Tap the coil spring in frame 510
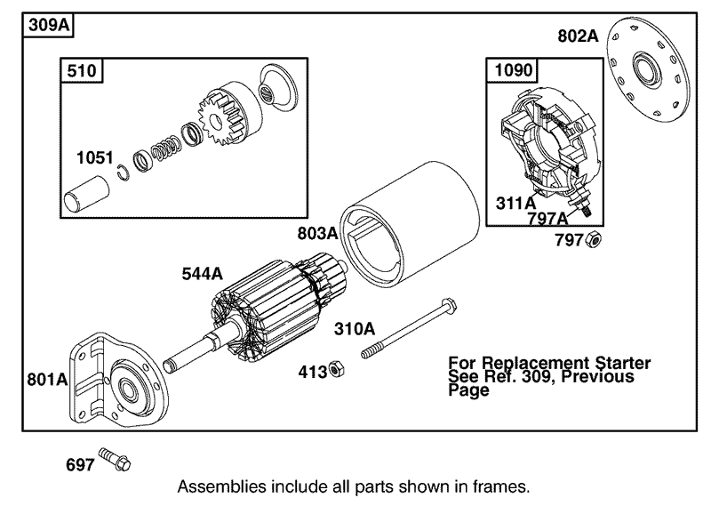point(164,147)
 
